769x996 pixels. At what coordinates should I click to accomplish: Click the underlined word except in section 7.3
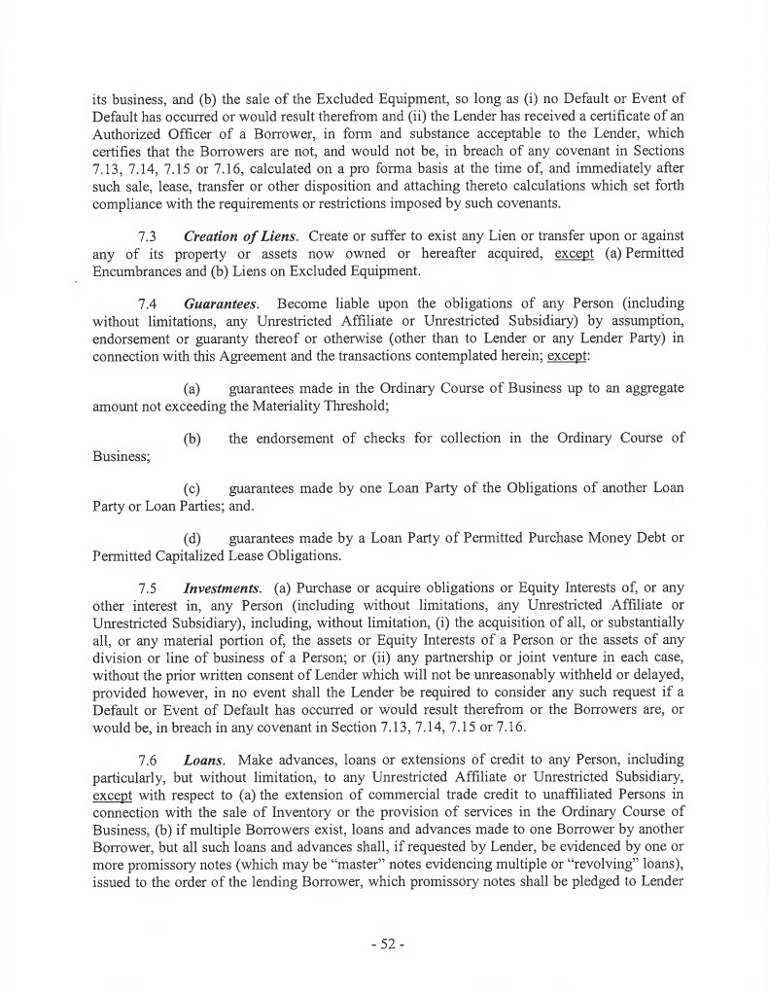click(577, 254)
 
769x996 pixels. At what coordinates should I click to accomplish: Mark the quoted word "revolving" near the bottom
click(595, 860)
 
